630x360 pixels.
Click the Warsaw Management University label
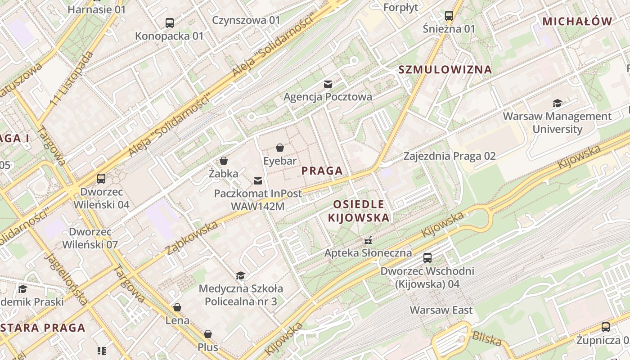[x=557, y=122]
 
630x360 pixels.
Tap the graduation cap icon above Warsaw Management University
[x=557, y=103]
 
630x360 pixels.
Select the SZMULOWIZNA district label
[x=445, y=70]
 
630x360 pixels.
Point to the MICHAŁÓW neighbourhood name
[x=577, y=21]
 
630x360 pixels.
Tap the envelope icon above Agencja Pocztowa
[x=328, y=84]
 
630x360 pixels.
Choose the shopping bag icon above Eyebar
[x=280, y=147]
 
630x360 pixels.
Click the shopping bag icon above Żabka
[x=223, y=160]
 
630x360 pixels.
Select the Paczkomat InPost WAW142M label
[x=258, y=200]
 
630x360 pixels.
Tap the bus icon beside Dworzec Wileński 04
[x=101, y=178]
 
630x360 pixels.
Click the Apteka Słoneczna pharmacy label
[x=368, y=252]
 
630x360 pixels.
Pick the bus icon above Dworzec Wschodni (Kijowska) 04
[x=427, y=258]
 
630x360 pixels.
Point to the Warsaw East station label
[x=441, y=310]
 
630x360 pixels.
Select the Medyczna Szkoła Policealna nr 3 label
[x=241, y=295]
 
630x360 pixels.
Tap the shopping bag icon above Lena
[x=177, y=307]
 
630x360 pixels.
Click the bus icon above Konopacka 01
[x=170, y=22]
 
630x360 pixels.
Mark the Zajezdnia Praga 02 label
[x=449, y=156]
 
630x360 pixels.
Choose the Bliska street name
[x=486, y=339]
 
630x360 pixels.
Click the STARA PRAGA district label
[x=43, y=327]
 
